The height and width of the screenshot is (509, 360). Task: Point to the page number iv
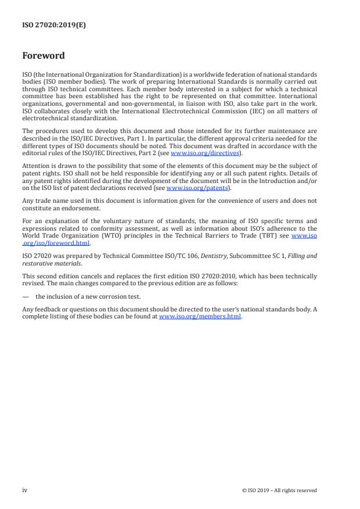click(25, 490)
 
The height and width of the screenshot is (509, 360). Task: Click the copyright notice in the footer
click(279, 490)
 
